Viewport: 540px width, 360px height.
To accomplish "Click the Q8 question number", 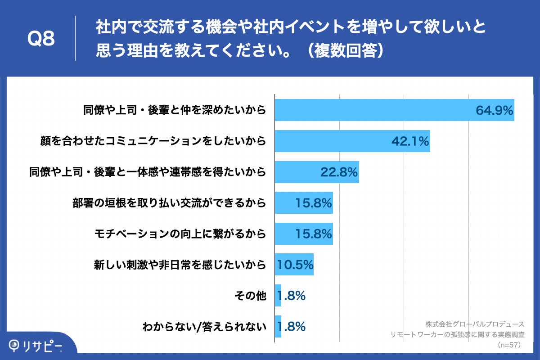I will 41,39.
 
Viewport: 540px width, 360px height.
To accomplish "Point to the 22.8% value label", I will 339,172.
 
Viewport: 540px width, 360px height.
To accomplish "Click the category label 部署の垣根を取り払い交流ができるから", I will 169,203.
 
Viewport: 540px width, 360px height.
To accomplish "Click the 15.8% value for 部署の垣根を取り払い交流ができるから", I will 314,203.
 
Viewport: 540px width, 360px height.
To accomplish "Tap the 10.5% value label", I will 295,265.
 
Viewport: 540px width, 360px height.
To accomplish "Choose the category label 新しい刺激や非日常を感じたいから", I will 180,265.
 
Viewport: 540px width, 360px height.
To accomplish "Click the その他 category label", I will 250,296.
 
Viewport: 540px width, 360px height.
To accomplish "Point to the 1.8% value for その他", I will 292,296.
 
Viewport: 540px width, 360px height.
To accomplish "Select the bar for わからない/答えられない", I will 278,326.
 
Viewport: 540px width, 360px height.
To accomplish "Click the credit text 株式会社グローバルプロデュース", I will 475,324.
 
